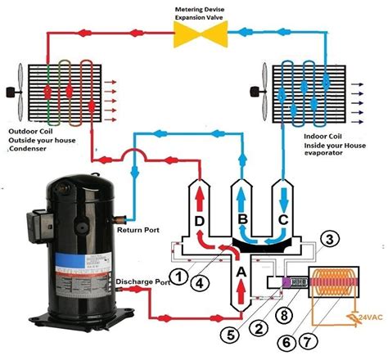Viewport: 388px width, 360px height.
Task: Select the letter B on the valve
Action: click(242, 219)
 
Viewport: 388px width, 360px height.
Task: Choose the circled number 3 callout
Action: click(328, 239)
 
